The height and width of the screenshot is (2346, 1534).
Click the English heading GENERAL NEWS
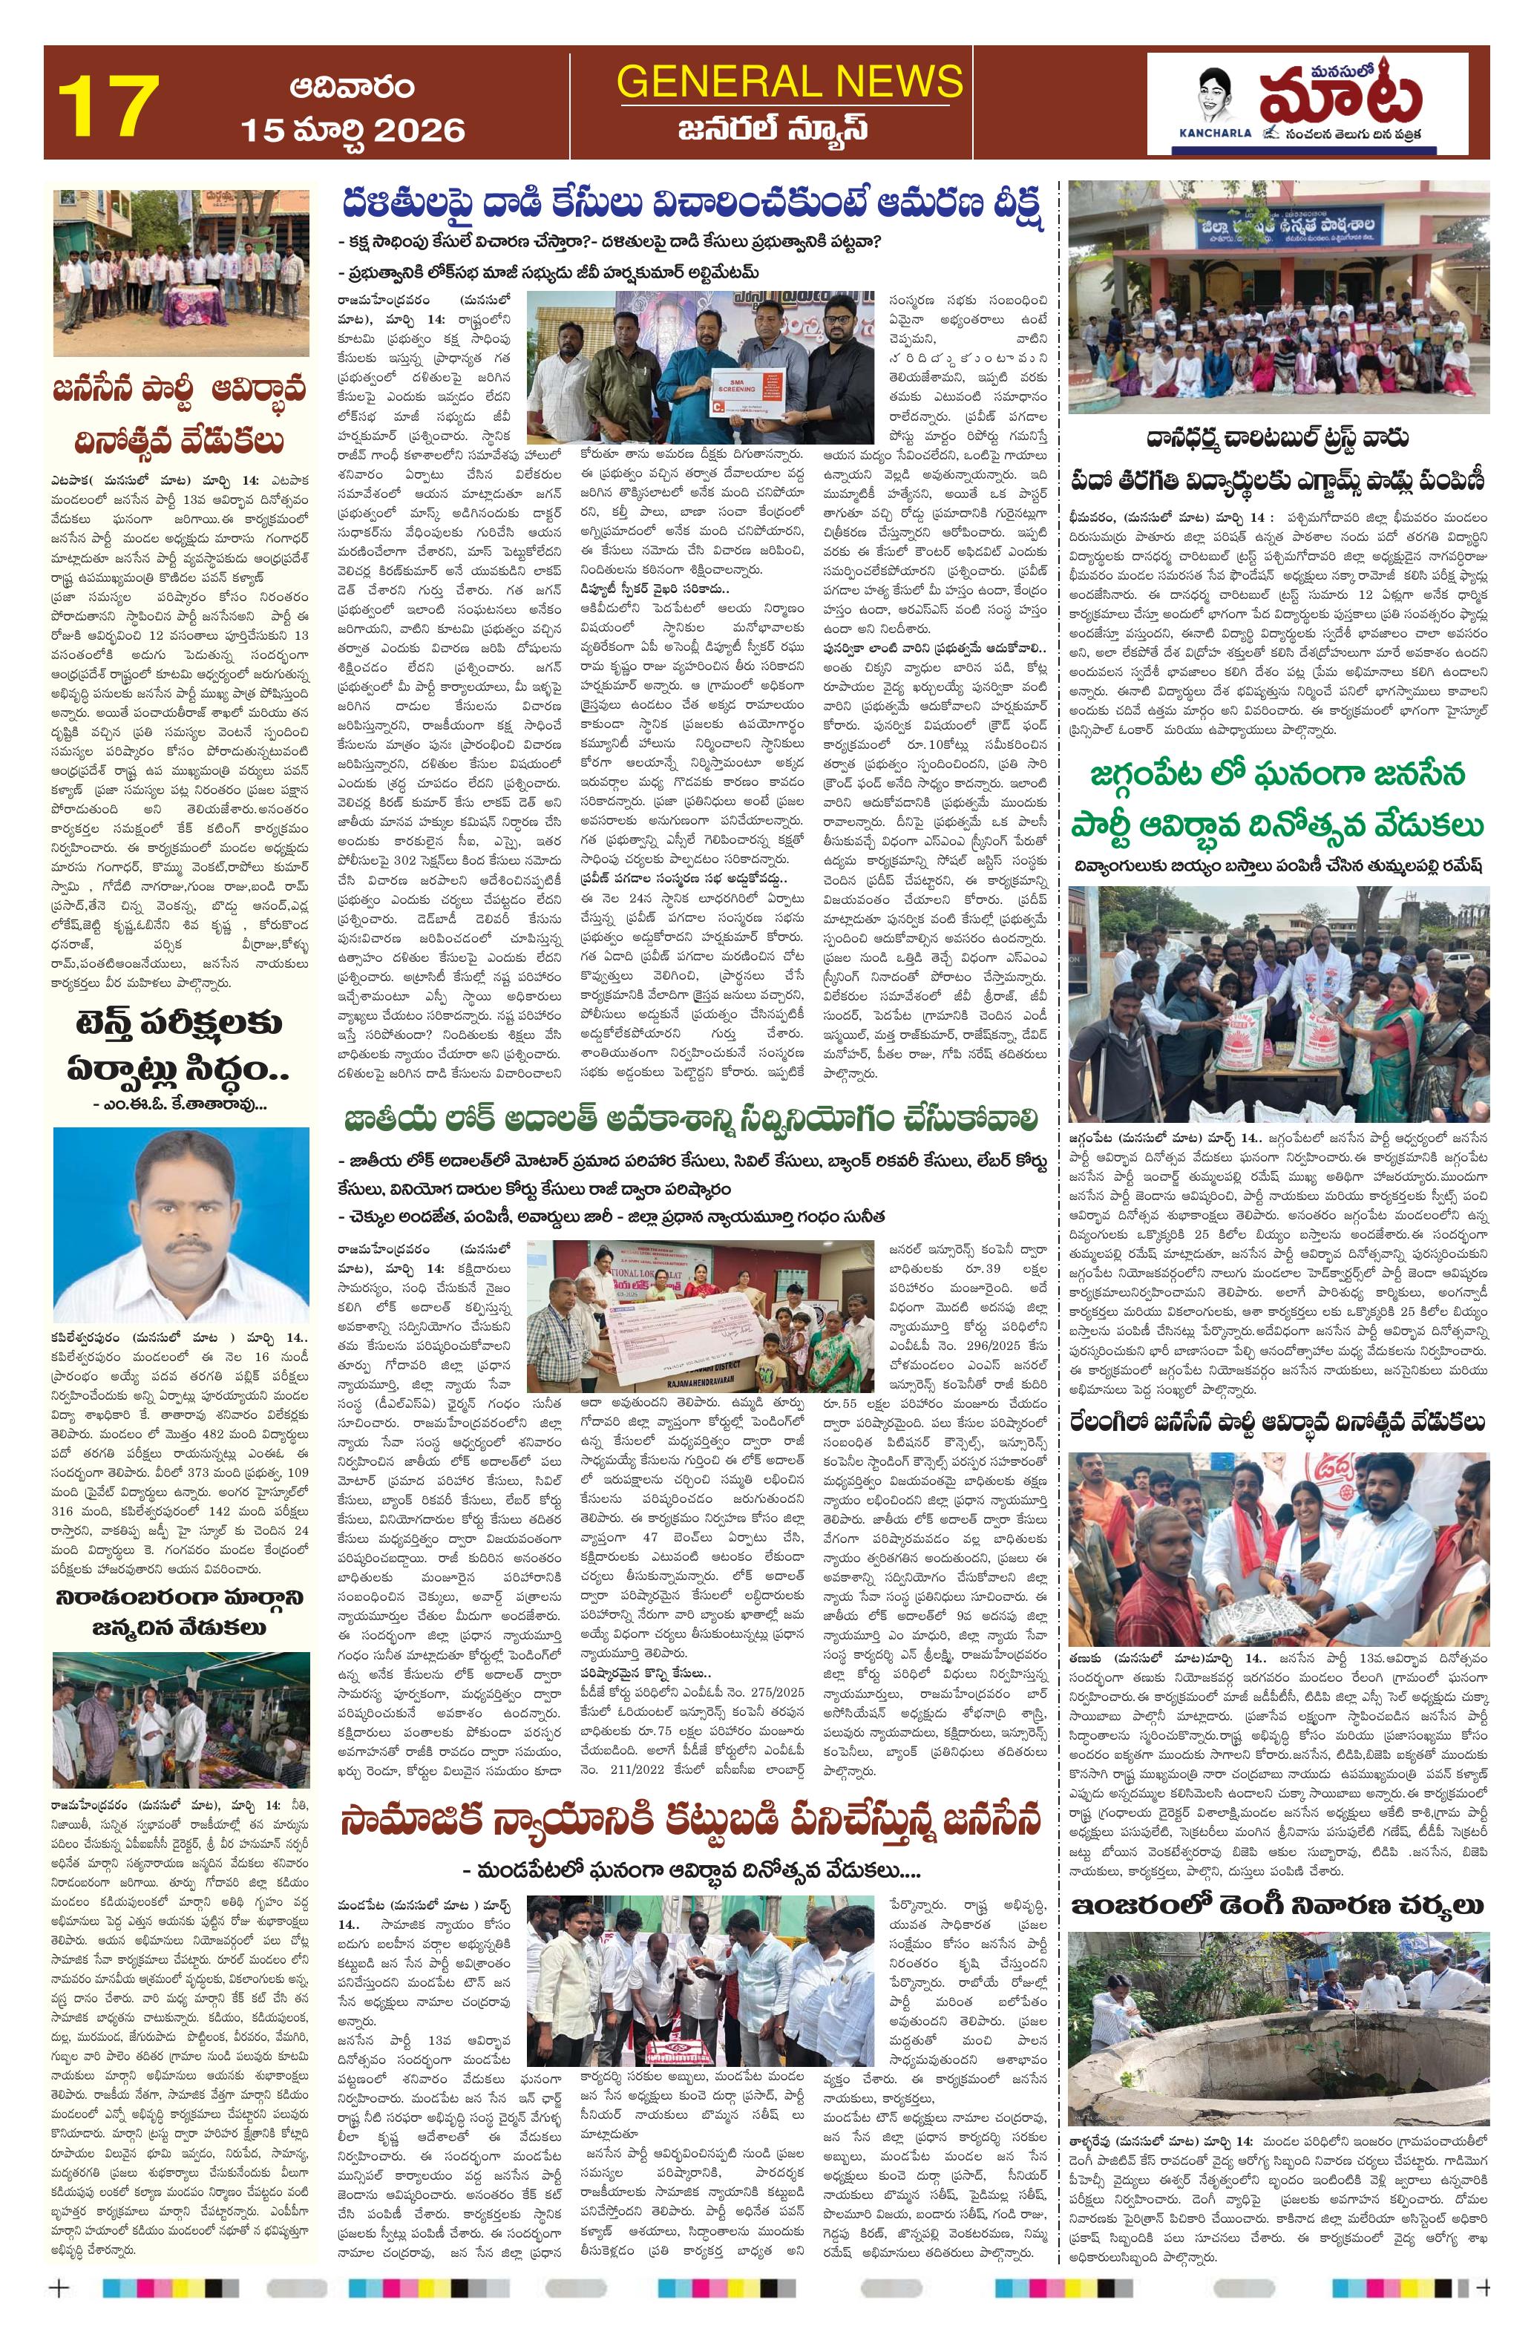[789, 81]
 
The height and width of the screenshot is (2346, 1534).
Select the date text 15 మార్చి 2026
[352, 129]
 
